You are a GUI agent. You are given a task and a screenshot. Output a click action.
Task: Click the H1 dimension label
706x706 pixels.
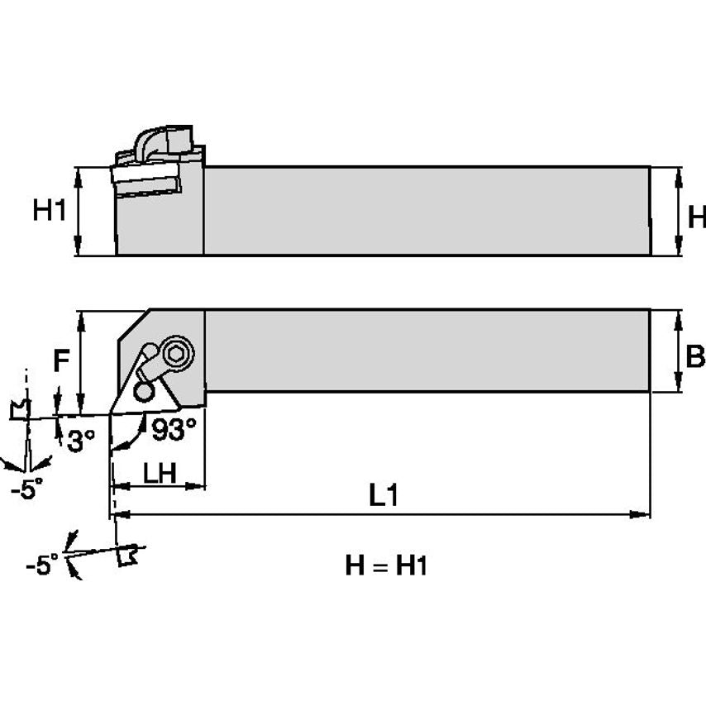click(x=49, y=212)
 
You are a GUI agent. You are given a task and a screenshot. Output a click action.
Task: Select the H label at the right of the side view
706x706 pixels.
click(x=696, y=217)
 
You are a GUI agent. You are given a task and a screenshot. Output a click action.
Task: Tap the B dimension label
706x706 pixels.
click(x=695, y=356)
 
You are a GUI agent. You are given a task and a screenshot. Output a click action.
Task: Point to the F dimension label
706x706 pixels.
click(x=60, y=361)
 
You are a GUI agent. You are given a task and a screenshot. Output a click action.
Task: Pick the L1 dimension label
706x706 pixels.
click(x=384, y=495)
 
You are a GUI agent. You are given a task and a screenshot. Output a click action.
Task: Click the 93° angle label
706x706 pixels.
click(x=174, y=427)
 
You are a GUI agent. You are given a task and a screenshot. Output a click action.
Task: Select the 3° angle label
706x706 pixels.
click(x=81, y=441)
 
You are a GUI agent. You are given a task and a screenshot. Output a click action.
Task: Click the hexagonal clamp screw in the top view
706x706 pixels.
click(x=176, y=354)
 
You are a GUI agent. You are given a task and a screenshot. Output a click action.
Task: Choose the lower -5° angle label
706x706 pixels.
click(x=41, y=565)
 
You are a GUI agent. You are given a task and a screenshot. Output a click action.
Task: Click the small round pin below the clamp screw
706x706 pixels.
click(x=145, y=389)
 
